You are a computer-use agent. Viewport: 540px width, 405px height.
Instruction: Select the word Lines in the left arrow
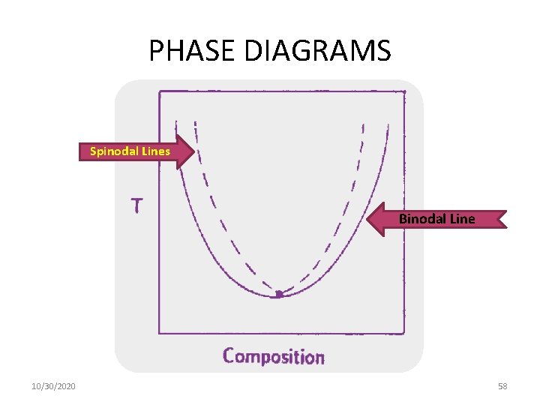point(154,151)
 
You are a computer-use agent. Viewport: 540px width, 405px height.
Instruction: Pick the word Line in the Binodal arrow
point(461,220)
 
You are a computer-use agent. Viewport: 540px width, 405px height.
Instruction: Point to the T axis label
point(137,205)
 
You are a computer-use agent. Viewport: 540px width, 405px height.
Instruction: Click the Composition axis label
point(274,356)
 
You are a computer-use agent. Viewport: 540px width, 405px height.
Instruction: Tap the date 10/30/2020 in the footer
point(53,386)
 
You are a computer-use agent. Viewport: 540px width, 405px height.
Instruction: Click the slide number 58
point(502,386)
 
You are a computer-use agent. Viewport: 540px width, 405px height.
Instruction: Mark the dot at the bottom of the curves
point(278,295)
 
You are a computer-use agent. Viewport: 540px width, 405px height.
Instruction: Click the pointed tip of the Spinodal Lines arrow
point(196,151)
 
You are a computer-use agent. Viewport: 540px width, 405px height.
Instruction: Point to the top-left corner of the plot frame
point(159,91)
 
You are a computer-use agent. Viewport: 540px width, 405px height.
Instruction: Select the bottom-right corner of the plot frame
point(404,333)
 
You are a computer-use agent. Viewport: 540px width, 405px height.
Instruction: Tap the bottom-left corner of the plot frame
point(159,333)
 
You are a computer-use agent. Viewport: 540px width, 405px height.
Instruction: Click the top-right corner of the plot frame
point(404,91)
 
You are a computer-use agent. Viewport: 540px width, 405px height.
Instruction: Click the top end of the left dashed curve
point(194,121)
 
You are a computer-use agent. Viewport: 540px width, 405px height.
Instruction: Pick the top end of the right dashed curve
point(364,123)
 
